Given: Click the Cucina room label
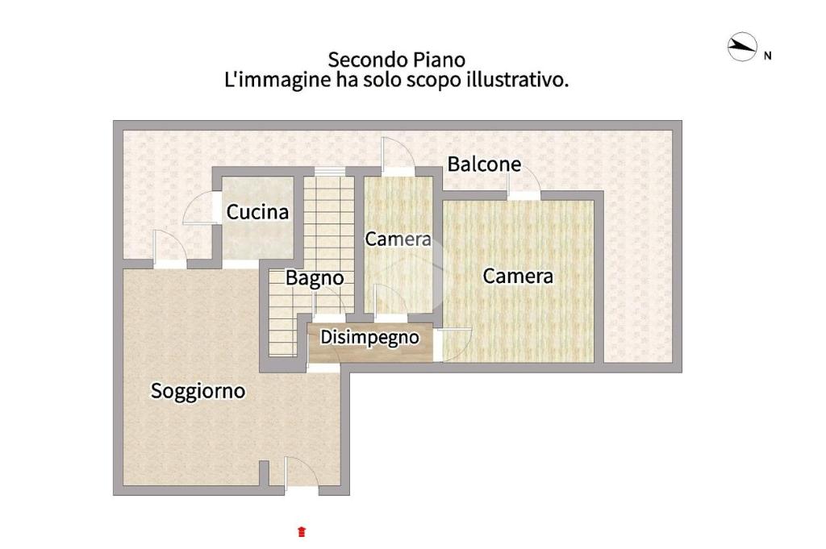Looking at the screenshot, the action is pos(257,212).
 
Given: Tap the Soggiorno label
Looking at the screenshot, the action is pos(198,391).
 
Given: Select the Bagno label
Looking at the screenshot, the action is pos(315,278).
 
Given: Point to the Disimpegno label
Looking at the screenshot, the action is pos(369,338).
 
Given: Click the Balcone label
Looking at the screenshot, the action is pos(484,164).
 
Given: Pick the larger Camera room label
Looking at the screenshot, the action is pos(518,277).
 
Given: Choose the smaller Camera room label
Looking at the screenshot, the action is pos(398,239).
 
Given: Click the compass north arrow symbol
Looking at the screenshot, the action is pos(742,47).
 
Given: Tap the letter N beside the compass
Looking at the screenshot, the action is pos(768,56).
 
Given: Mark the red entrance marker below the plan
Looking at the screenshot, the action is pos(302,531).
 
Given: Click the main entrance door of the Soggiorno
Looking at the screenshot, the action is pos(302,476).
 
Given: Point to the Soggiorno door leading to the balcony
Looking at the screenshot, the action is pos(170,248).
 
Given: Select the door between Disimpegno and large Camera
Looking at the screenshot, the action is pos(453,345).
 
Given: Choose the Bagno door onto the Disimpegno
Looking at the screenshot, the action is pos(329,306).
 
